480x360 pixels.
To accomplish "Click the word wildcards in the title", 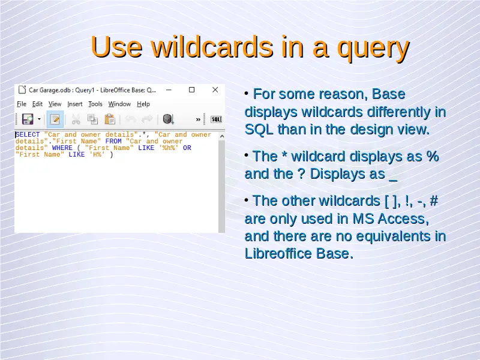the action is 212,47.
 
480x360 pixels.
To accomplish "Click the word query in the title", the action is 373,49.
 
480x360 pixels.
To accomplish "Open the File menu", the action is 22,104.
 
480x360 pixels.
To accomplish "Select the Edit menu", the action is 37,104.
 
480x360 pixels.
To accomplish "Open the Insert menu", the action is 74,104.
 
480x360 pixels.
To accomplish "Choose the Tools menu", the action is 95,104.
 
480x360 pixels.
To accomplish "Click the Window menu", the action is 119,104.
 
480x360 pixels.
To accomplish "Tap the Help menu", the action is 143,104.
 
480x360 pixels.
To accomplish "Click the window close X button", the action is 215,89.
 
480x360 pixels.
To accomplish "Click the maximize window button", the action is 191,89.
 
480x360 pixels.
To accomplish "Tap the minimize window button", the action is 169,90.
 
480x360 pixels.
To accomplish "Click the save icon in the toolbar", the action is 28,119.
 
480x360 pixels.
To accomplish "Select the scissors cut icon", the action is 76,119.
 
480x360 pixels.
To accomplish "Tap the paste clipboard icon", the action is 110,119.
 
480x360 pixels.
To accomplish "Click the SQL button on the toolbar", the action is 216,119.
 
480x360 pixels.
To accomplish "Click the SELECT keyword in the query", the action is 28,134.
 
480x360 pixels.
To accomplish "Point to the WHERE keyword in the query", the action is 62,148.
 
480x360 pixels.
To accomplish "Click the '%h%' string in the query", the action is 169,148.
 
